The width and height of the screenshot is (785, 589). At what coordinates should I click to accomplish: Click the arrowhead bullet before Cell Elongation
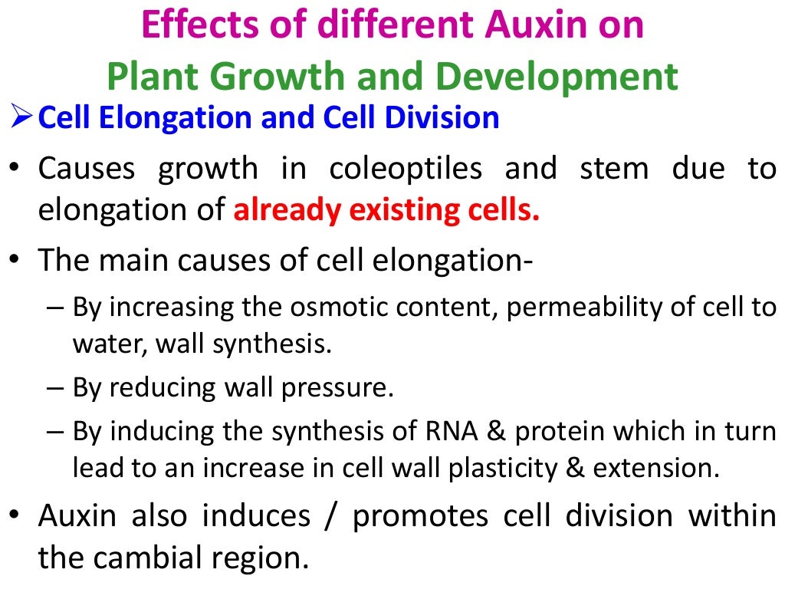(x=20, y=118)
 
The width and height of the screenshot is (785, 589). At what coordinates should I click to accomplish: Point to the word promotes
(x=419, y=517)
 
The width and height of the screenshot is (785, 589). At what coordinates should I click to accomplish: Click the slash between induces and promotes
(x=331, y=517)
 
